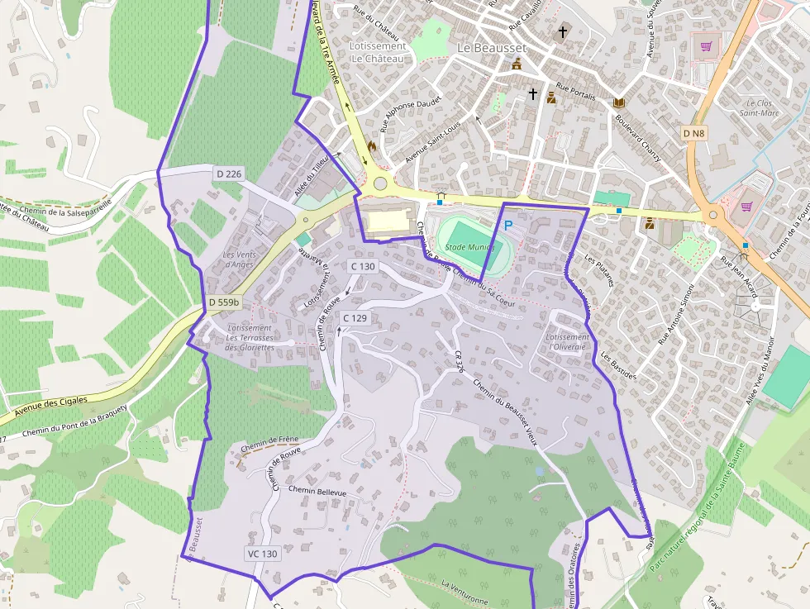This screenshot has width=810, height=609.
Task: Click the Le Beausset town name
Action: click(491, 48)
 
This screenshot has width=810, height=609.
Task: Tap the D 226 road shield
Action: click(229, 174)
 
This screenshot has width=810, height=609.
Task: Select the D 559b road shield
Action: click(223, 302)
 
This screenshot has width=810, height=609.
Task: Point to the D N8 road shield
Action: click(694, 133)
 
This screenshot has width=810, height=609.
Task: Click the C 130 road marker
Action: click(362, 266)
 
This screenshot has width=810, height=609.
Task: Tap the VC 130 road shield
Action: click(262, 554)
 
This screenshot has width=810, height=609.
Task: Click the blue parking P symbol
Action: click(508, 225)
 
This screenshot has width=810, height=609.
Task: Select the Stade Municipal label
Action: click(468, 247)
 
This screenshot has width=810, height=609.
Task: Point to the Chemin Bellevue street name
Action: click(317, 492)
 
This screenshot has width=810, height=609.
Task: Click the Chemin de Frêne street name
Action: click(269, 445)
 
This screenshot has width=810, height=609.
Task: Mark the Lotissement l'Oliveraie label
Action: click(567, 341)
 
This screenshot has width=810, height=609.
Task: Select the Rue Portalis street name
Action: click(576, 91)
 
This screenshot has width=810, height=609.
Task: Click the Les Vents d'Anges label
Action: click(240, 259)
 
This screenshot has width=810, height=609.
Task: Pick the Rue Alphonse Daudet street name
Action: click(411, 114)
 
